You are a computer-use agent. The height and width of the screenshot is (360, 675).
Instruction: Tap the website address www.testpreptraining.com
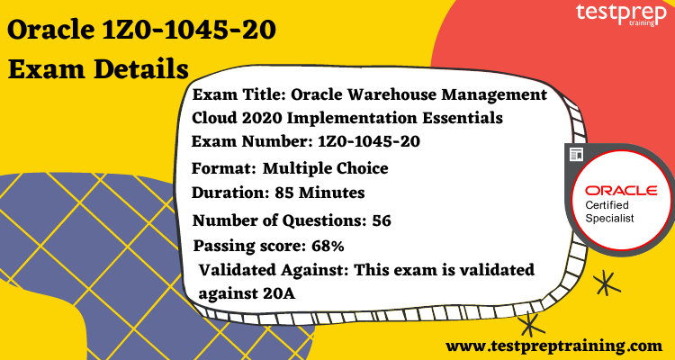pos(554,344)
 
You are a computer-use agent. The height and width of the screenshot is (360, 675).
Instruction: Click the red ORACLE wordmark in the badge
pos(620,191)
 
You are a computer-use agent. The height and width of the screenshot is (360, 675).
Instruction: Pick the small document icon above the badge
pos(577,155)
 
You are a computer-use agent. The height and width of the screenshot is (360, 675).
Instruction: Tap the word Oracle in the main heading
pos(49,30)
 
